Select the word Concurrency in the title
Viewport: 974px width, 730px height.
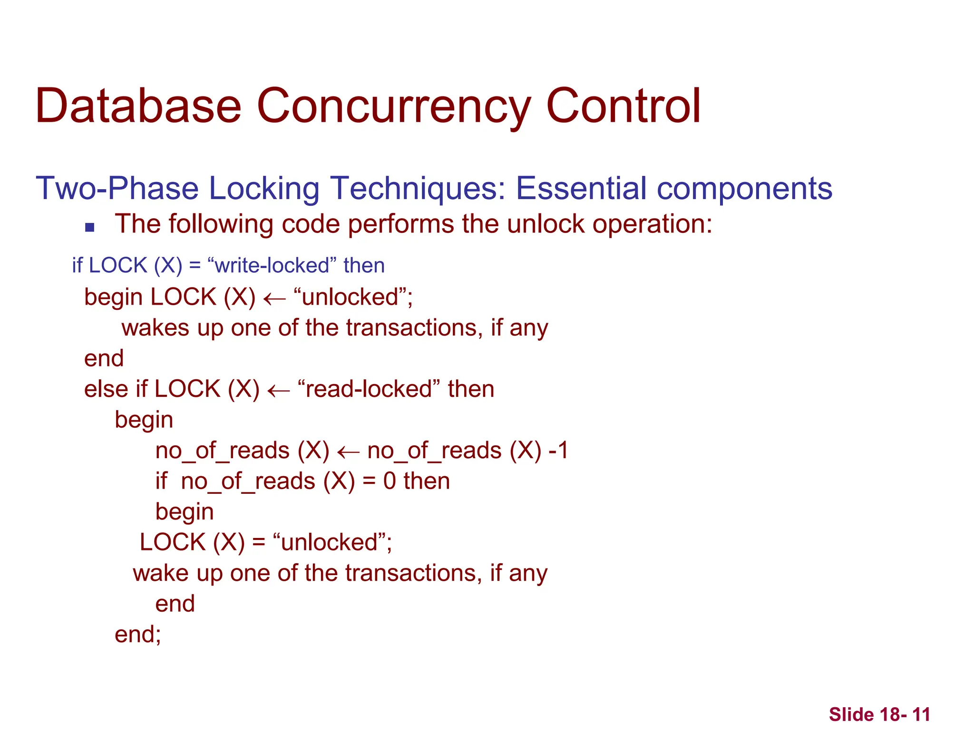393,107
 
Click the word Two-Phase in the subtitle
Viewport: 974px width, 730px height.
117,188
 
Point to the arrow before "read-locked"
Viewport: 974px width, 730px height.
279,391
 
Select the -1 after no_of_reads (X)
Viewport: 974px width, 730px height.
558,451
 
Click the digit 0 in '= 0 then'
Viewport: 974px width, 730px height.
390,481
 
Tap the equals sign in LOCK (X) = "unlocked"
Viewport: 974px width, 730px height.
259,543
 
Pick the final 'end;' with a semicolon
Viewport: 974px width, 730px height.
138,634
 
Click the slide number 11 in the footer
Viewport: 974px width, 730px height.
921,714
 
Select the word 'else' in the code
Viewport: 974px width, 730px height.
106,389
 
